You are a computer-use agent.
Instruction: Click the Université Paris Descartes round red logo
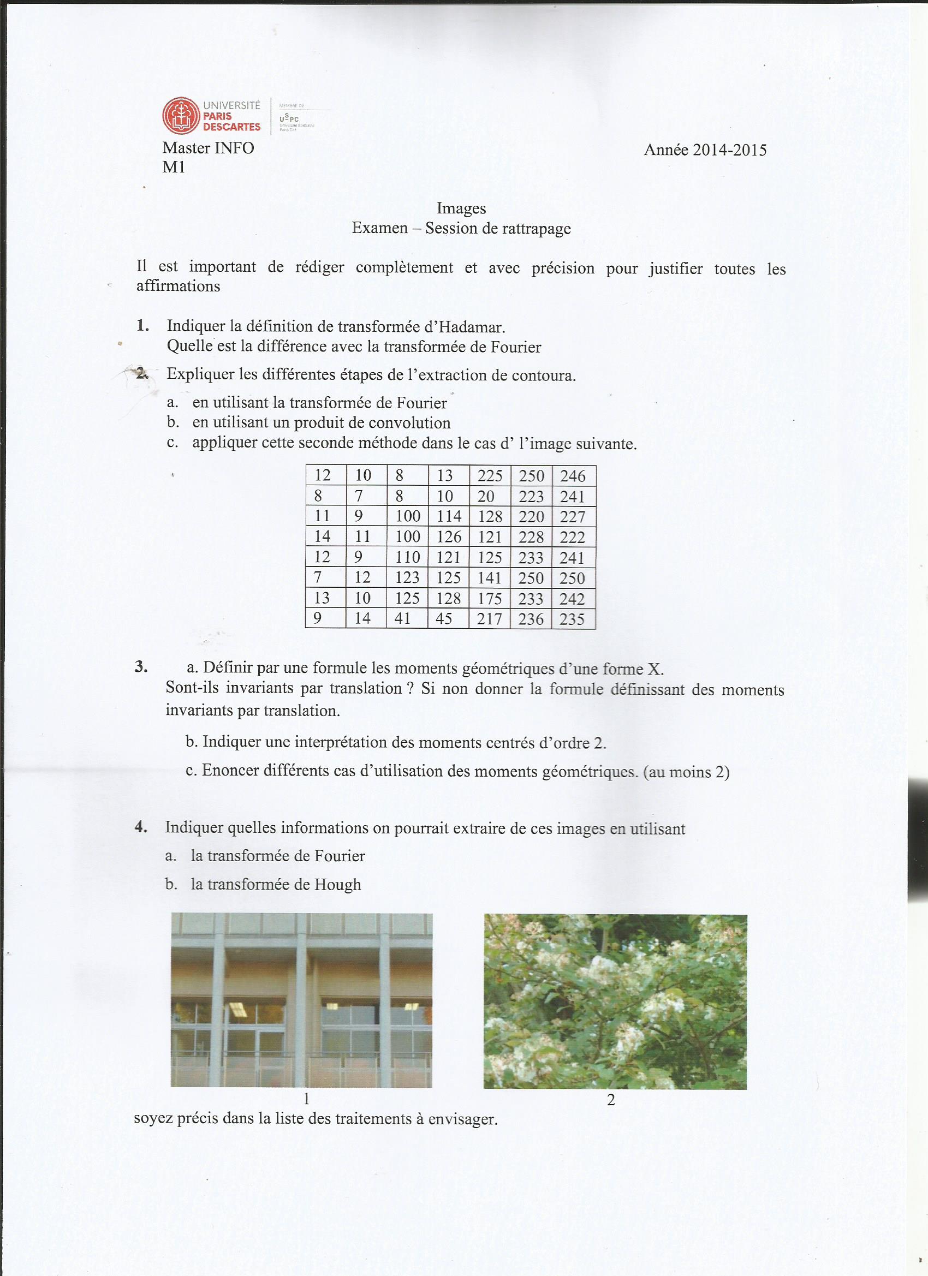(181, 116)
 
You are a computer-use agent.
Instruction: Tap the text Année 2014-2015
(705, 150)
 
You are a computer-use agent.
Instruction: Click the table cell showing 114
(449, 516)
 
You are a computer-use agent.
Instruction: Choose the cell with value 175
(490, 599)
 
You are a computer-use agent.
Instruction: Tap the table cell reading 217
(490, 619)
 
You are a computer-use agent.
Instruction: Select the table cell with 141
(490, 578)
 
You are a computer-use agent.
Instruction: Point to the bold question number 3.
(141, 667)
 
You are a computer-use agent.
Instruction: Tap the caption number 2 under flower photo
(611, 1100)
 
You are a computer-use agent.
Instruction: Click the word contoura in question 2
(544, 376)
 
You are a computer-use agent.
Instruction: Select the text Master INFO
(208, 148)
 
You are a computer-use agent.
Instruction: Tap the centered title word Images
(461, 208)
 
